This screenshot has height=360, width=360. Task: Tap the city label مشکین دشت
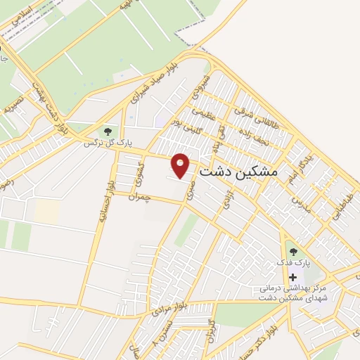[x=239, y=171]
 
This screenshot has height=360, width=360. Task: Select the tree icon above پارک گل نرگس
[x=108, y=131]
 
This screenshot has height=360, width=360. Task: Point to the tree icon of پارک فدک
[x=292, y=251]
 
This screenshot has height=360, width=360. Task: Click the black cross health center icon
[x=293, y=278]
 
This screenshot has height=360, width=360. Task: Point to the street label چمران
[x=140, y=198]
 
